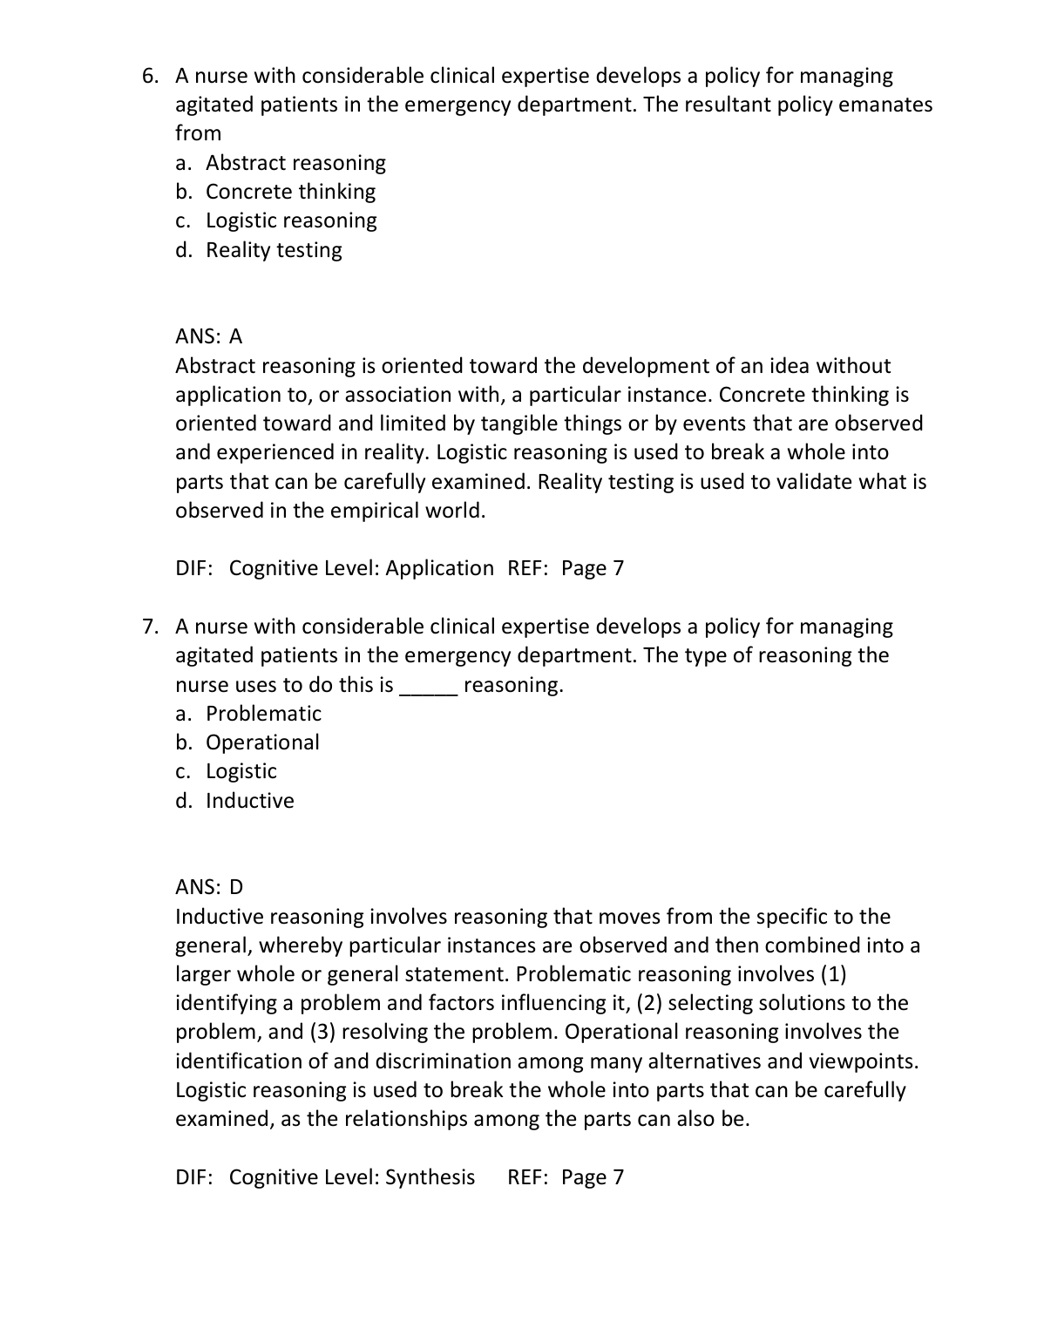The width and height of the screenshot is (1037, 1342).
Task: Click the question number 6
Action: click(150, 77)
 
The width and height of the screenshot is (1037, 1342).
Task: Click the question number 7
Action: click(150, 627)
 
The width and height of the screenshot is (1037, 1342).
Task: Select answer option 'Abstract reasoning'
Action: click(295, 163)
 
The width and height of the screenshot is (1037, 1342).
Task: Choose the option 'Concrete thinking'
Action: click(290, 192)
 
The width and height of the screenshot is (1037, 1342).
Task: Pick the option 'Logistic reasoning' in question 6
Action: click(291, 220)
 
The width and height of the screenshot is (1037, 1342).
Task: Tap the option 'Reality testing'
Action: click(274, 250)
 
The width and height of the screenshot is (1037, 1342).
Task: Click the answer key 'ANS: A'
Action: click(209, 336)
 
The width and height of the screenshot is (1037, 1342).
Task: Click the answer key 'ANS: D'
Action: click(209, 887)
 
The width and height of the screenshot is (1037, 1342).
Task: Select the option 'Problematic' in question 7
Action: click(263, 714)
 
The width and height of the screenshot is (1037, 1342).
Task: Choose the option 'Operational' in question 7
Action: click(262, 742)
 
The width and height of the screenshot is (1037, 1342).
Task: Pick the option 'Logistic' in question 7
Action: click(241, 771)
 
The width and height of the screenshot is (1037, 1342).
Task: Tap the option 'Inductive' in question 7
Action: click(249, 801)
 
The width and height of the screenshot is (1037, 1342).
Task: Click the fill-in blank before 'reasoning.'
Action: click(427, 687)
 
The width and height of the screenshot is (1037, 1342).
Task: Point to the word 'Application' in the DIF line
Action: click(439, 568)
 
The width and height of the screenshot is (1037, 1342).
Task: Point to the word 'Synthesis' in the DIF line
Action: click(430, 1177)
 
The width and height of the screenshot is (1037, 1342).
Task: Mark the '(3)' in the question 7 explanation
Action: click(319, 1032)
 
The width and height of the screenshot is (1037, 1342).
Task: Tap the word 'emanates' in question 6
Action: click(885, 105)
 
